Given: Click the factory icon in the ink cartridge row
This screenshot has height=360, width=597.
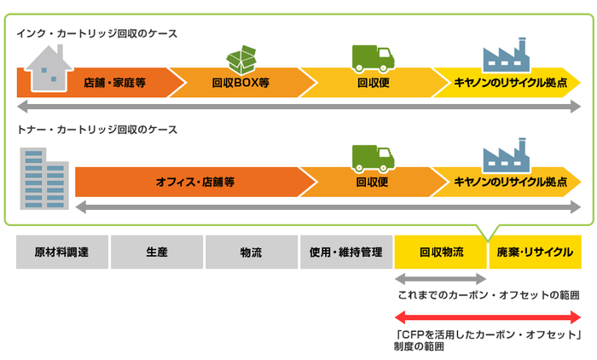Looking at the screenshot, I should pyautogui.click(x=507, y=56).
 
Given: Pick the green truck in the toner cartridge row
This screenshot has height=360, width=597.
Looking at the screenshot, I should pyautogui.click(x=373, y=159).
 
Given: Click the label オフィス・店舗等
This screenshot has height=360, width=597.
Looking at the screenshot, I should pyautogui.click(x=195, y=182).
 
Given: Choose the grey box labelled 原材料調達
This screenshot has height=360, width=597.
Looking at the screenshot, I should pyautogui.click(x=62, y=253).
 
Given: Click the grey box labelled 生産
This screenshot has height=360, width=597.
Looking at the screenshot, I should pyautogui.click(x=156, y=253).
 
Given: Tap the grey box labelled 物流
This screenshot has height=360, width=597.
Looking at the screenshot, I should pyautogui.click(x=251, y=253).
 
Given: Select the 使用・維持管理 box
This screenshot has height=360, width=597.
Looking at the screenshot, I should pyautogui.click(x=345, y=253).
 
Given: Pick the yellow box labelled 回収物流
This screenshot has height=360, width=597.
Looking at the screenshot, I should pyautogui.click(x=440, y=253).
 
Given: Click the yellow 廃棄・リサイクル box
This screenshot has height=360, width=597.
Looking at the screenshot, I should pyautogui.click(x=535, y=253).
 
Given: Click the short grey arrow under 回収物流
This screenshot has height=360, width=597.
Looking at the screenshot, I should pyautogui.click(x=440, y=279).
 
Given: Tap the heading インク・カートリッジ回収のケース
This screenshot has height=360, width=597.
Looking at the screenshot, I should pyautogui.click(x=97, y=33).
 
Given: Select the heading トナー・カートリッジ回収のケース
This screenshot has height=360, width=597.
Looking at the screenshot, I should pyautogui.click(x=97, y=130).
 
